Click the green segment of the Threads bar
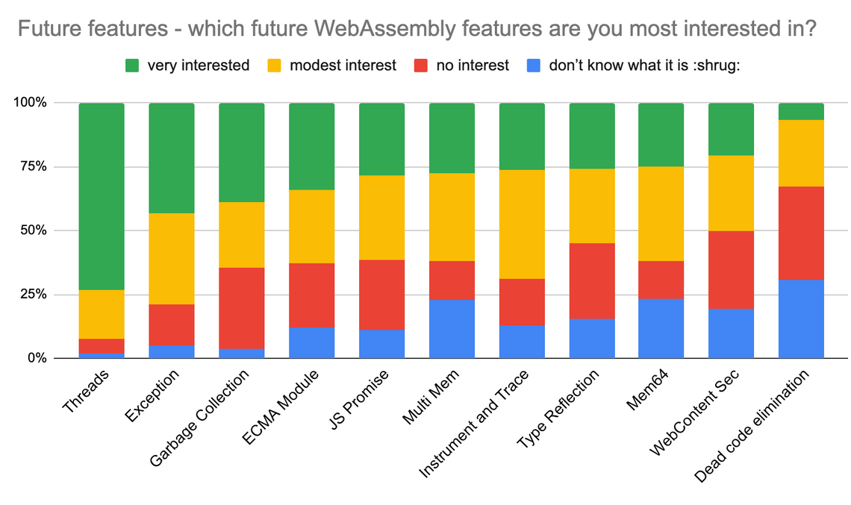pos(101,195)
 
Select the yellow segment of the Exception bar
pos(171,258)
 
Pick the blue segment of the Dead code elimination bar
pos(801,319)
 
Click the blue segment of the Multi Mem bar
pos(452,328)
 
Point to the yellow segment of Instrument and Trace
pos(522,224)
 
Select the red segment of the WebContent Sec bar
pos(731,269)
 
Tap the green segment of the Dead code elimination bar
pos(801,111)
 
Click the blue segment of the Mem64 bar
pos(661,328)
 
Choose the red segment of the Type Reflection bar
pos(591,280)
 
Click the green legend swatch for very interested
pos(131,66)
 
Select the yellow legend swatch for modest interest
pos(273,66)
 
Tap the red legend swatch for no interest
pos(421,66)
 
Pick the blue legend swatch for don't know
pos(532,66)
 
